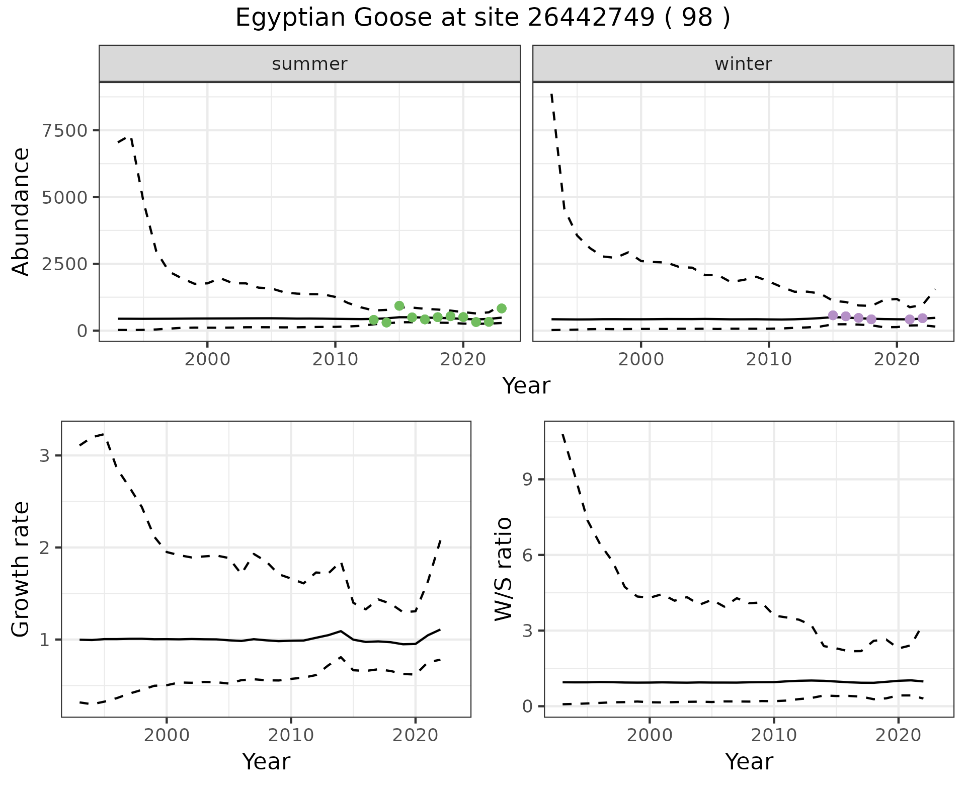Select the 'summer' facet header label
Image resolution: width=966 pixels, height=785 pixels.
click(309, 64)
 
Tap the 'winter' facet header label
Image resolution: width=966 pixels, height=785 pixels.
click(743, 64)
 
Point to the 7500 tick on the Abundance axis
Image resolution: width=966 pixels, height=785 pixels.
click(65, 131)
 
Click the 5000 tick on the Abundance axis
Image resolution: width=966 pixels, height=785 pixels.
click(65, 197)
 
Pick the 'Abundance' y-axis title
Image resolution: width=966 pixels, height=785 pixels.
click(21, 211)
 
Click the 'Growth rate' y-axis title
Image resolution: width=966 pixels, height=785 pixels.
click(21, 569)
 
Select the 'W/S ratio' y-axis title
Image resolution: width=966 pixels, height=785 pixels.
click(504, 569)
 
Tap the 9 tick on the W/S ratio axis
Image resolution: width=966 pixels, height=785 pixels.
click(528, 480)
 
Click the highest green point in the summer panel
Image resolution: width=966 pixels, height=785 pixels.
click(399, 306)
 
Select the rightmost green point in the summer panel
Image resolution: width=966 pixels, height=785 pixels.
click(502, 308)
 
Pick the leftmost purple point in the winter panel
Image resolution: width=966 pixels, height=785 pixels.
click(833, 315)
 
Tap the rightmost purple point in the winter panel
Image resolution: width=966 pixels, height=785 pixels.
click(923, 318)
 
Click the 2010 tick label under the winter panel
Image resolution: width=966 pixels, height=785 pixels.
click(769, 360)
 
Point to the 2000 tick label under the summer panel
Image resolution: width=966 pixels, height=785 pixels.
click(207, 360)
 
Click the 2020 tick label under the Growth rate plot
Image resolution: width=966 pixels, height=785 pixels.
click(415, 735)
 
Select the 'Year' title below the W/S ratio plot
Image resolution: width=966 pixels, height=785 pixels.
click(749, 762)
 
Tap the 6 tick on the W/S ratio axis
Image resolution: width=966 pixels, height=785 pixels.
click(528, 555)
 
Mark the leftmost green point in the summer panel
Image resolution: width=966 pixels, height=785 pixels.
click(374, 320)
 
